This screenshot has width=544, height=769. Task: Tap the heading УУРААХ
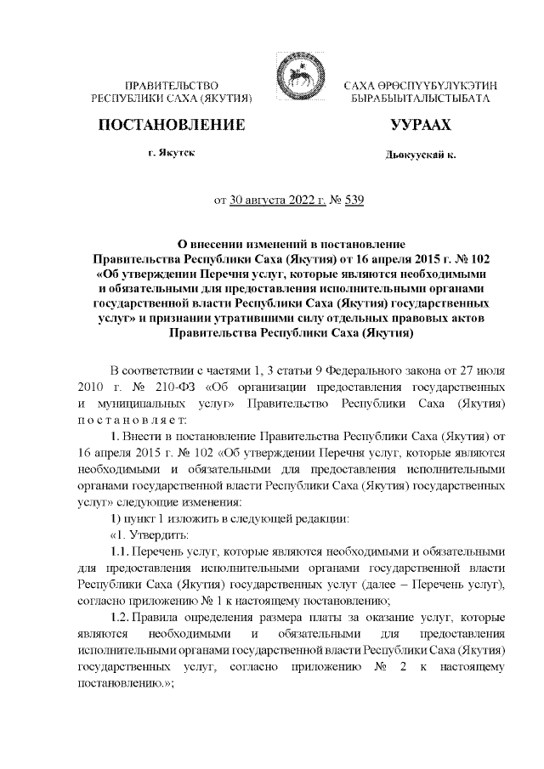[420, 126]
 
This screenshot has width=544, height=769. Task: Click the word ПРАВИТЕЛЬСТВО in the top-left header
[172, 87]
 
